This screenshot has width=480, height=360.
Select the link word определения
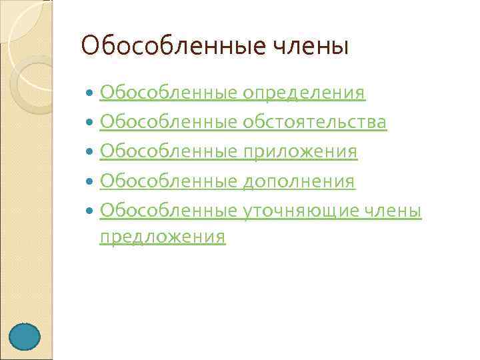(x=303, y=93)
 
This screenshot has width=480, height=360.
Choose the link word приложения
(x=300, y=151)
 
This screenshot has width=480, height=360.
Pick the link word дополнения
(x=299, y=181)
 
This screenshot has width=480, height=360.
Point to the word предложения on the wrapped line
(x=162, y=237)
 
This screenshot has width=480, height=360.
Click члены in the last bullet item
(x=393, y=211)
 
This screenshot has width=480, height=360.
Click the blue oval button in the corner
(x=25, y=337)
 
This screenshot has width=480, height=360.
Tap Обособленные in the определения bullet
(x=168, y=93)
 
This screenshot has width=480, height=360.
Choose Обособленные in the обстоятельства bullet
(x=168, y=122)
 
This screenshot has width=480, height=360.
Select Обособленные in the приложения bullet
(x=168, y=151)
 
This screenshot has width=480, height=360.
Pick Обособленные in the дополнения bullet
(x=168, y=181)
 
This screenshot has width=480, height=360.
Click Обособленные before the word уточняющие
(x=168, y=211)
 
